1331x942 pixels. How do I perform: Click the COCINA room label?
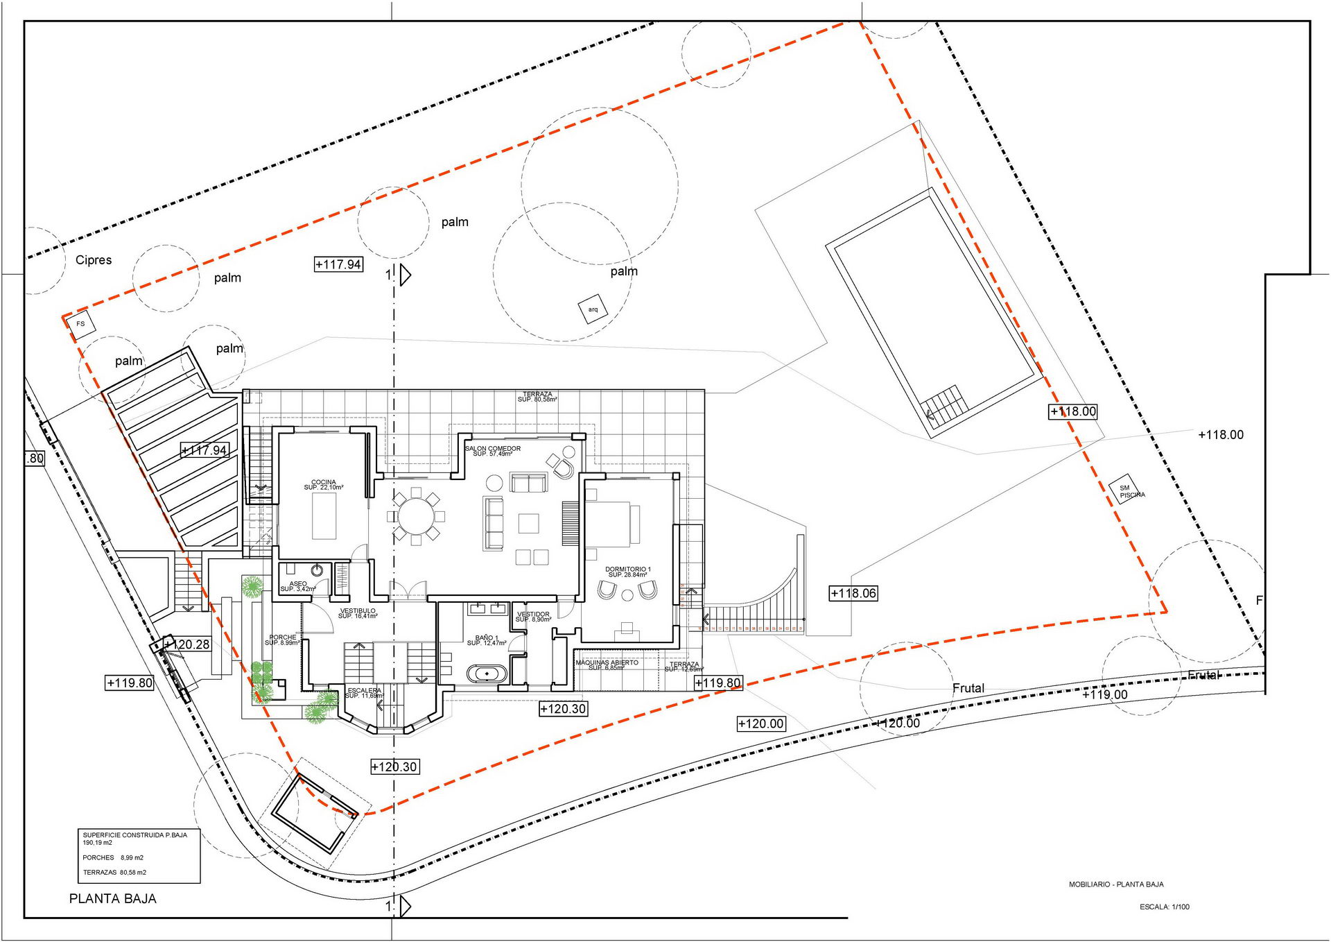323,484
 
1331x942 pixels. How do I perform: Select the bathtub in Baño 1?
487,674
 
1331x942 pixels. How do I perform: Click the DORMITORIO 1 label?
627,572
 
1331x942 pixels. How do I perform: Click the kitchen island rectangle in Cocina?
324,516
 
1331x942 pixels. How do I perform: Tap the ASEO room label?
298,586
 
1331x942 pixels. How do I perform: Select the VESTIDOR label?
533,616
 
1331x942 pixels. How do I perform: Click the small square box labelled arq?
593,309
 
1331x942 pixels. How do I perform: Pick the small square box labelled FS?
81,324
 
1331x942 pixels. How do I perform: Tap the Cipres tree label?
94,260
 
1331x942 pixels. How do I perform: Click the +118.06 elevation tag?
853,593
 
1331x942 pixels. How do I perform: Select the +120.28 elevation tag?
187,644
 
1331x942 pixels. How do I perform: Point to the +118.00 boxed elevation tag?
1072,411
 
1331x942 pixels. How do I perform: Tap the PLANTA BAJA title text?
113,898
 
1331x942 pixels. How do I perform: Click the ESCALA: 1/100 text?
1164,907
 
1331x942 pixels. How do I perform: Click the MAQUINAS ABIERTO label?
607,665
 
